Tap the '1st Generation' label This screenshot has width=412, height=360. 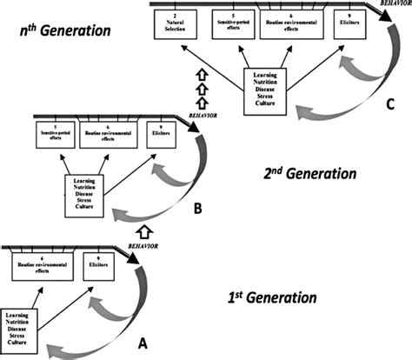pos(261,297)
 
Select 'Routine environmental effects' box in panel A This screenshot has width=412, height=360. pos(40,266)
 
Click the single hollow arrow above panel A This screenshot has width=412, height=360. pos(144,231)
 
